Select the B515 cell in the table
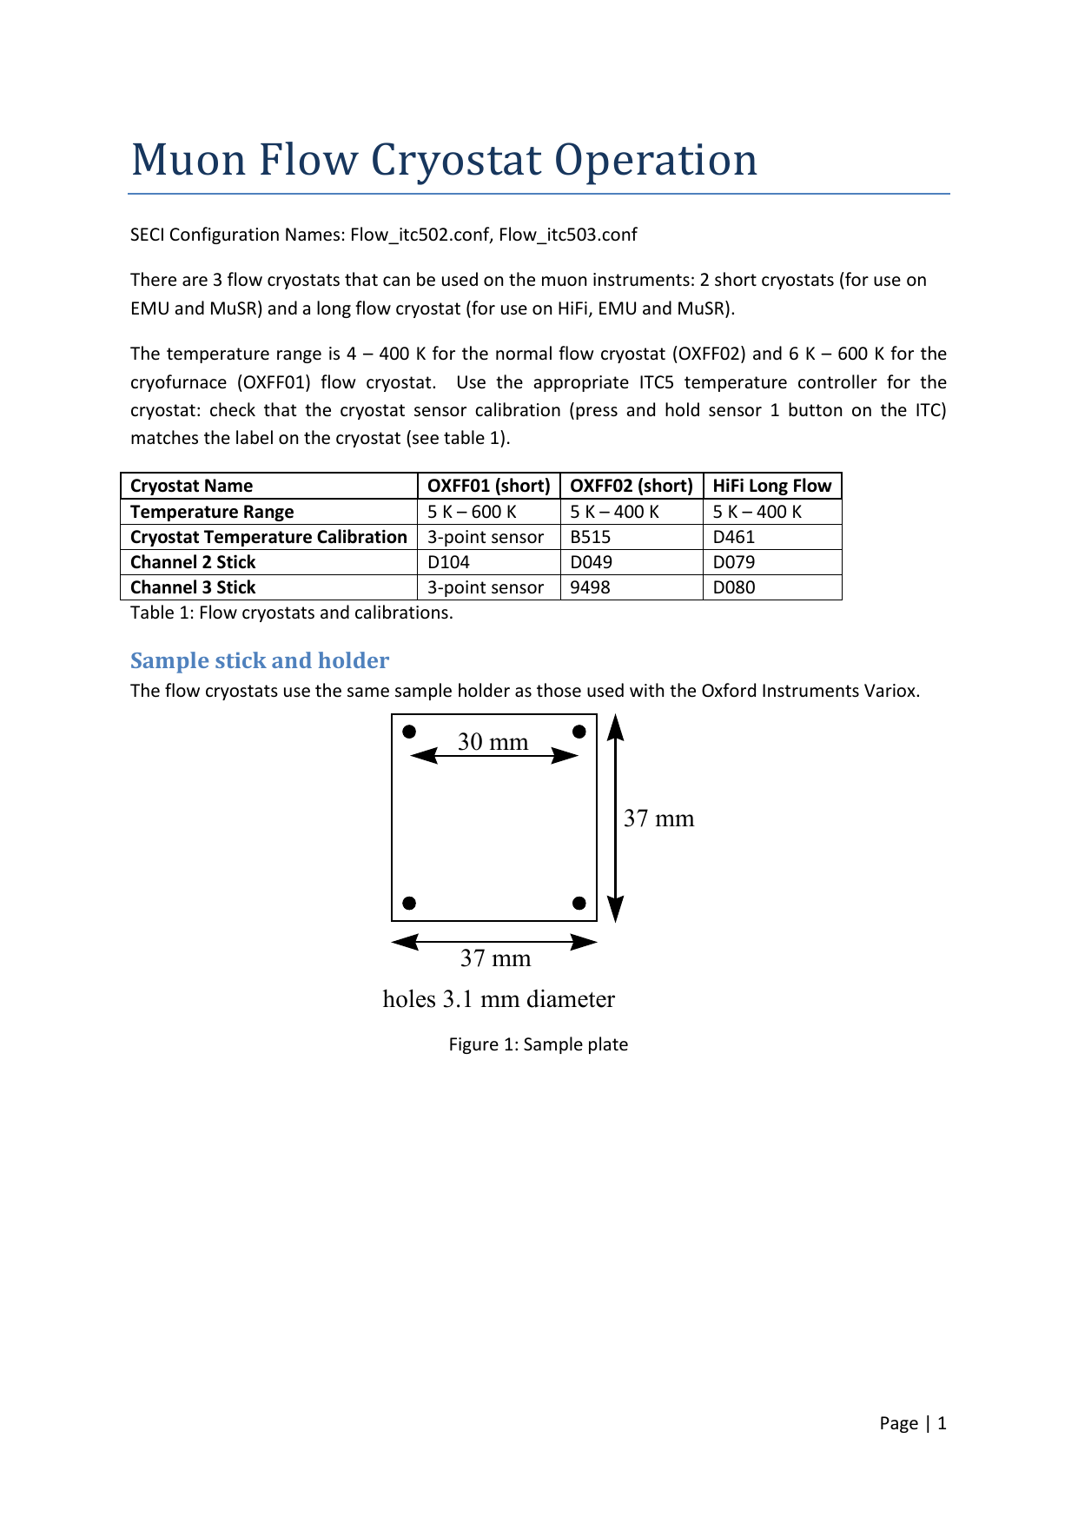(591, 537)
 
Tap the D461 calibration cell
(734, 537)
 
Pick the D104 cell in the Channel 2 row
(448, 562)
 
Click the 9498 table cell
(591, 587)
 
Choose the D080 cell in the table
(734, 587)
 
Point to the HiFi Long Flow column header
(772, 486)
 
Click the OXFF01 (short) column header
(488, 486)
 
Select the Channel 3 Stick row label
(193, 587)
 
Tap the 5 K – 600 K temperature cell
(472, 512)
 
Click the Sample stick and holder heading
(260, 660)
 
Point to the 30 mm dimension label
(493, 741)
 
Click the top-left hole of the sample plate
(410, 732)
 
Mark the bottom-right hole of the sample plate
(579, 903)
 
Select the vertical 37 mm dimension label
(658, 818)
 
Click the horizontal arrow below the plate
(494, 942)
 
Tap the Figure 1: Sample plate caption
(538, 1044)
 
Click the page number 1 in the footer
(942, 1423)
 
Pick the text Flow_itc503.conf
(568, 235)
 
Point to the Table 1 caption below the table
(291, 613)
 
